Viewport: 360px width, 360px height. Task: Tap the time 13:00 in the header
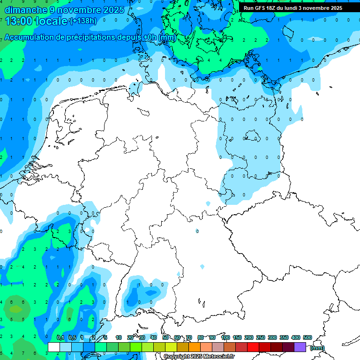pyautogui.click(x=19, y=21)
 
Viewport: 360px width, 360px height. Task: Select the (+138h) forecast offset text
pyautogui.click(x=83, y=21)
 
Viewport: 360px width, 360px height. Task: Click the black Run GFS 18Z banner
pyautogui.click(x=293, y=8)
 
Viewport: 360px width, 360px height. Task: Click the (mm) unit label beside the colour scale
pyautogui.click(x=317, y=348)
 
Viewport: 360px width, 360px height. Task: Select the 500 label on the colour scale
pyautogui.click(x=307, y=337)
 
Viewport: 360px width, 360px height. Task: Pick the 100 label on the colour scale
pyautogui.click(x=225, y=337)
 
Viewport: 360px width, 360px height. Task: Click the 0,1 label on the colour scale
pyautogui.click(x=60, y=337)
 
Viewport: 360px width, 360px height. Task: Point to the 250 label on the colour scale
pyautogui.click(x=261, y=337)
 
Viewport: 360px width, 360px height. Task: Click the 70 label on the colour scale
pyautogui.click(x=189, y=337)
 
